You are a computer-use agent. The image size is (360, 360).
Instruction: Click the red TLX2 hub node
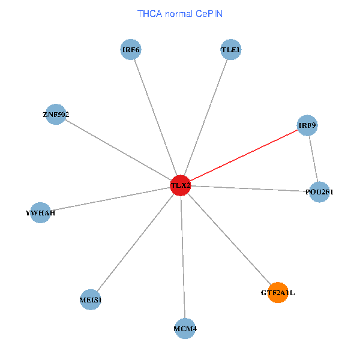click(181, 185)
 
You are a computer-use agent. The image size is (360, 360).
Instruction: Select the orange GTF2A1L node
click(277, 293)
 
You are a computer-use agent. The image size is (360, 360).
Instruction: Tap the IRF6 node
click(131, 50)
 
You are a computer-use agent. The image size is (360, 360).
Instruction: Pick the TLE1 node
click(230, 50)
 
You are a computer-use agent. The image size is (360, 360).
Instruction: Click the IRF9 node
click(307, 125)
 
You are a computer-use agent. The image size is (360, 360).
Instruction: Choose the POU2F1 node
click(320, 192)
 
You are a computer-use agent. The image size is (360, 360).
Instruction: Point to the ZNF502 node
click(56, 114)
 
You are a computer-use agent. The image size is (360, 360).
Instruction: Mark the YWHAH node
click(40, 213)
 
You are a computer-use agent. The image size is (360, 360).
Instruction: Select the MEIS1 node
click(91, 299)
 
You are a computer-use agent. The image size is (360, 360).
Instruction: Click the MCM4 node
click(185, 328)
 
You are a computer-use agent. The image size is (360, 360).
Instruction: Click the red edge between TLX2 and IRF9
click(244, 155)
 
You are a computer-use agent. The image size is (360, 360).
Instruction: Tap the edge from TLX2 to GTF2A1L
click(229, 239)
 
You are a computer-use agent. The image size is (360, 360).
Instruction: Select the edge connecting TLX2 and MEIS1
click(136, 242)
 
